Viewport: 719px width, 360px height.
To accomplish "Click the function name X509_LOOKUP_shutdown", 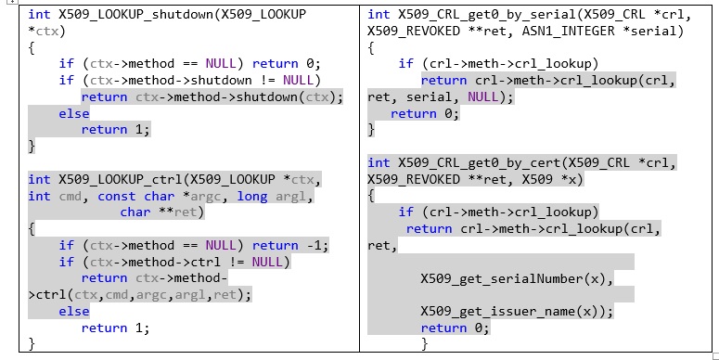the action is tap(135, 14).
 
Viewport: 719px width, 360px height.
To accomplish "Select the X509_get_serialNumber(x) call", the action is tap(517, 279).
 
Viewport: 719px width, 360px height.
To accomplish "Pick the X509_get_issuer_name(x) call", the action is tap(513, 312).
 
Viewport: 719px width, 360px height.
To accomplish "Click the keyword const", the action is tap(117, 197).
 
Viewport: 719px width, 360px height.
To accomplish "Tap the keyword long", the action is tap(252, 197).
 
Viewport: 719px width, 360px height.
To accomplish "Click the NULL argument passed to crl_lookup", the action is tap(482, 96).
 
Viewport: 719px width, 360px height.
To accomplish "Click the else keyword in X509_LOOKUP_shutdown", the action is tap(74, 113).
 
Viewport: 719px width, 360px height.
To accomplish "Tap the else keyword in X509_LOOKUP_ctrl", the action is tap(74, 312).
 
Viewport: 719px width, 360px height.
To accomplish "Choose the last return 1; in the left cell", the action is tap(116, 328).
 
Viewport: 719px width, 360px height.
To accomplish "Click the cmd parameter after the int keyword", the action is tap(71, 197).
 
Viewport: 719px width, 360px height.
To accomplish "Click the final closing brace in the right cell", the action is tap(425, 343).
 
